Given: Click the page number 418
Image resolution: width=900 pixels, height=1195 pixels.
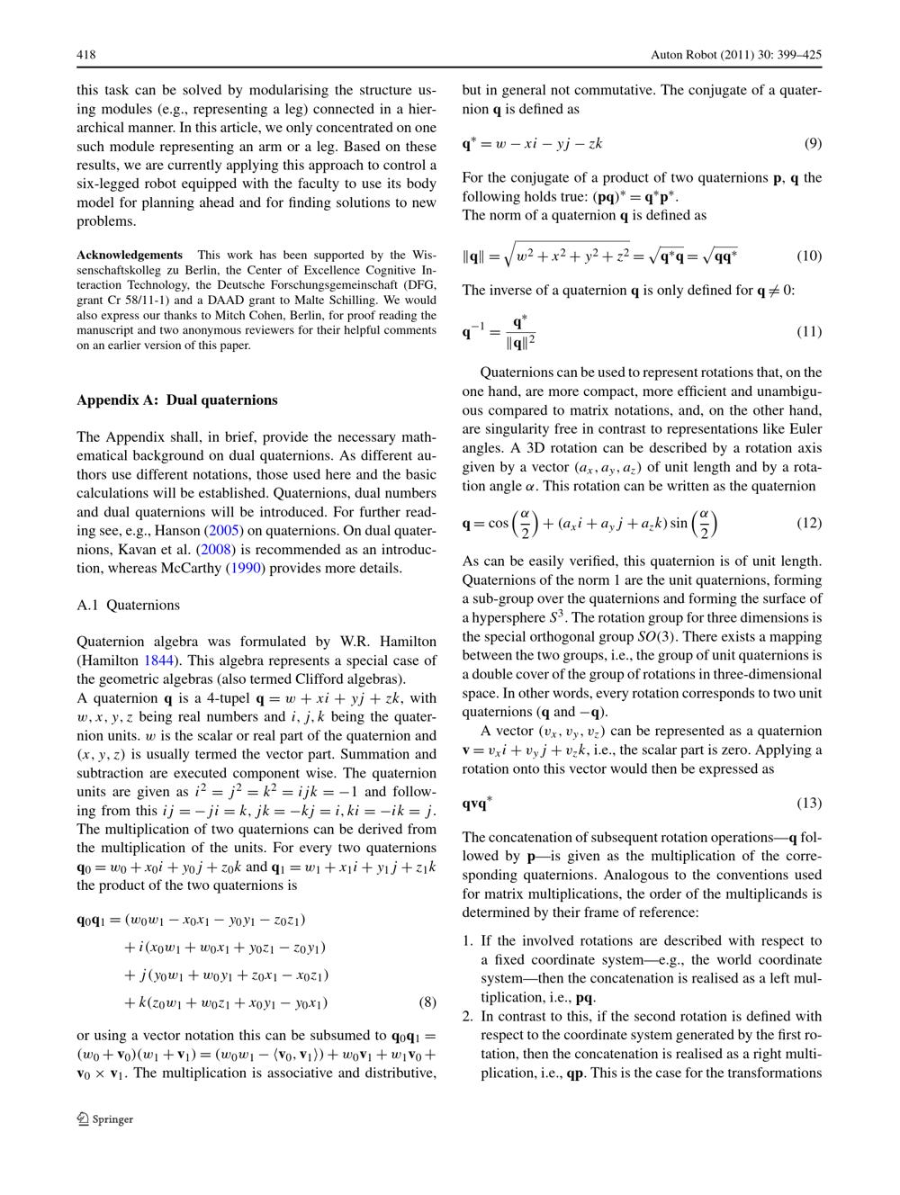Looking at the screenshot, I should coord(86,56).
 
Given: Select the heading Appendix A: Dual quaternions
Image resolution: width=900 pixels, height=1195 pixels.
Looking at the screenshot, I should coord(177,400).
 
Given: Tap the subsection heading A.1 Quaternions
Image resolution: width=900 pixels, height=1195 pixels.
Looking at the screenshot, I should coord(129,605).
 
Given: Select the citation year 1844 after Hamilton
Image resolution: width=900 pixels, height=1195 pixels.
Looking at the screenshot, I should coord(159,660).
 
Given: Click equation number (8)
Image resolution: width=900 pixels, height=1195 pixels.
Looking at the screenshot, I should coord(428,1002).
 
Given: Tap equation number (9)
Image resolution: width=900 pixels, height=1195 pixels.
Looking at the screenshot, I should coord(813,143).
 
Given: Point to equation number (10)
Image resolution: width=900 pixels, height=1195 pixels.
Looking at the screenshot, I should coord(809,256).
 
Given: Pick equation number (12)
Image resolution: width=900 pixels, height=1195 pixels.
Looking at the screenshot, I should coord(809,523).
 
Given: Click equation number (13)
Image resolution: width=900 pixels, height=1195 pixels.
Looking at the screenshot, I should coord(809,803).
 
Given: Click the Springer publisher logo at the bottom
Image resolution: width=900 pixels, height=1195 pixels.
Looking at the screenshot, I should coord(105,1119).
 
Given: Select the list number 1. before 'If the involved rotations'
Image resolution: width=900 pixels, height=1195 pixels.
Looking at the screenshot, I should coord(468,941).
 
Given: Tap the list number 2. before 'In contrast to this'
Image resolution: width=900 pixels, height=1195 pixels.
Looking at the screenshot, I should coord(468,1016).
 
